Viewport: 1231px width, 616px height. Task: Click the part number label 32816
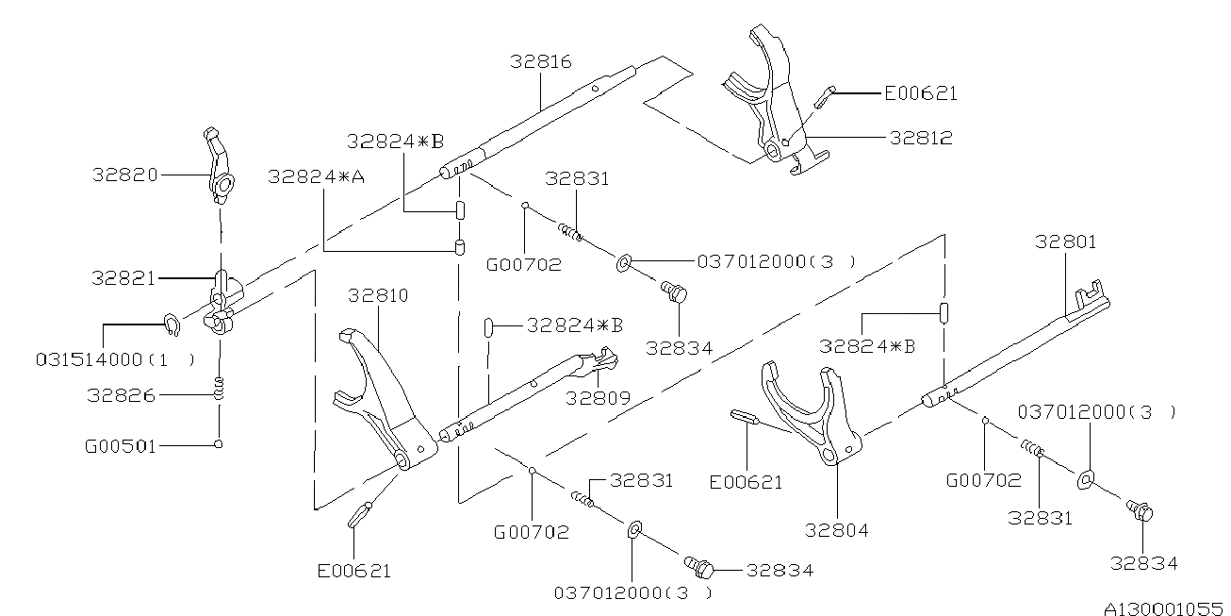[541, 61]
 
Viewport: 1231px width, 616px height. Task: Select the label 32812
[920, 138]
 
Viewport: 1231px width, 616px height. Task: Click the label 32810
[378, 295]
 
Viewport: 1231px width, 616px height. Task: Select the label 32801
[1065, 241]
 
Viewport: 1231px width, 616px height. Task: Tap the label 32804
[837, 530]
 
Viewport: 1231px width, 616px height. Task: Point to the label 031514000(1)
[115, 359]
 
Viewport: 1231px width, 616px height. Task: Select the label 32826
[121, 395]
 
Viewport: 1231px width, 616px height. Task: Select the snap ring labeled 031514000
[171, 324]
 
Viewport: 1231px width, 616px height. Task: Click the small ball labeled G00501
[218, 444]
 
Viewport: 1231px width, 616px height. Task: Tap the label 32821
[124, 278]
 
